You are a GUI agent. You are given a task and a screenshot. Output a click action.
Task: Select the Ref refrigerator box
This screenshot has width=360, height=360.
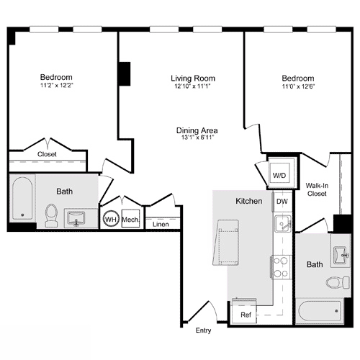[246, 315]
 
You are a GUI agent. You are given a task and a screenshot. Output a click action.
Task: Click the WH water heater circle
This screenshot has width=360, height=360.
[111, 219]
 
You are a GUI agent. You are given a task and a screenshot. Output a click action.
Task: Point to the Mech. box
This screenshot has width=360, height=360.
[130, 219]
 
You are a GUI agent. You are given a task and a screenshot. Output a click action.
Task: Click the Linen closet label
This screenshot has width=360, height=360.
[161, 224]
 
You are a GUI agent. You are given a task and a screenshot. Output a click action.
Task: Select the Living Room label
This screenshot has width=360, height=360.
[193, 78]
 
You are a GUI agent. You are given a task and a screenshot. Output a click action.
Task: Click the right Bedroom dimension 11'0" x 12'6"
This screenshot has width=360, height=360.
[297, 86]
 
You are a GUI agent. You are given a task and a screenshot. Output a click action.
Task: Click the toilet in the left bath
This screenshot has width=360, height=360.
[51, 215]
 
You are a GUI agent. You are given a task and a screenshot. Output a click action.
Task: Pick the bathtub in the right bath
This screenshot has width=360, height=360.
[320, 312]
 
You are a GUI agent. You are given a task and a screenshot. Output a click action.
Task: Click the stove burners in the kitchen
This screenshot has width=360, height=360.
[282, 267]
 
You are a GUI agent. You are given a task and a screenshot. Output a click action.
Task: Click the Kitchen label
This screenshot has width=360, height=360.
[248, 202]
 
